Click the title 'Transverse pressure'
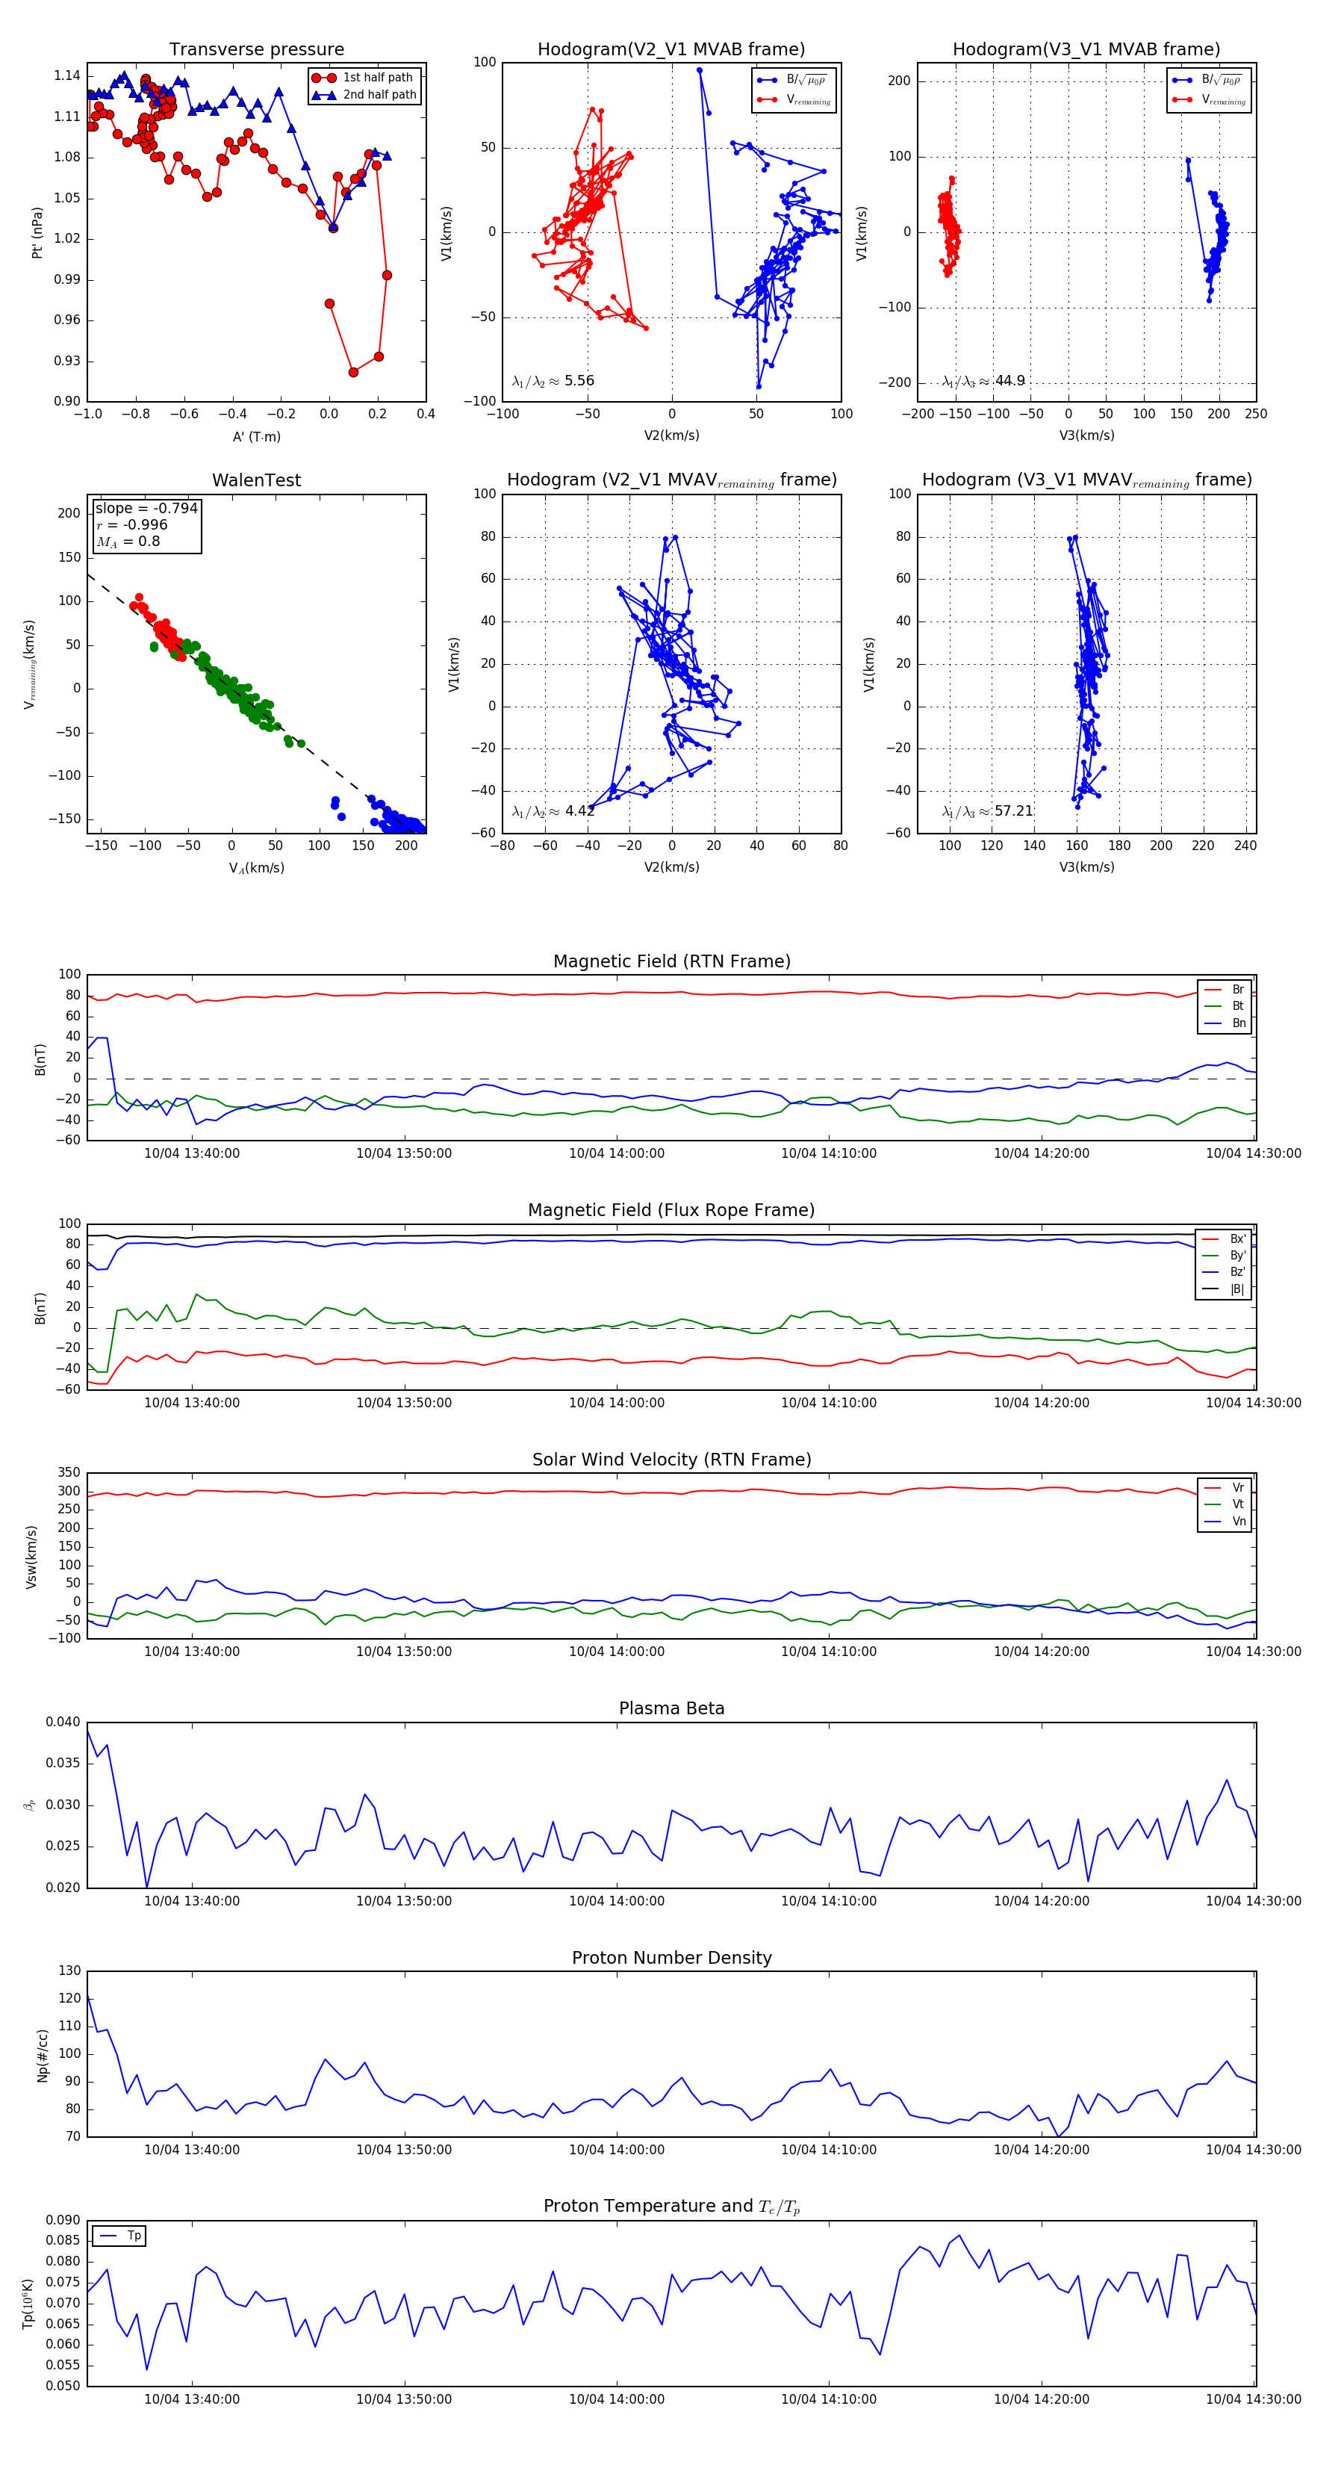tap(256, 50)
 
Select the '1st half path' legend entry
tap(377, 78)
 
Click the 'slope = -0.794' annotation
tap(146, 508)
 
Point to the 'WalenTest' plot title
tap(256, 480)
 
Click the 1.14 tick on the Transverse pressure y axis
tap(67, 75)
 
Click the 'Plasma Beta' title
tap(671, 1708)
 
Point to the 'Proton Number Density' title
tap(671, 1958)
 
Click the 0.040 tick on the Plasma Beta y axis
tap(63, 1722)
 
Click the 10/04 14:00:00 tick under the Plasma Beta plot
tap(616, 1901)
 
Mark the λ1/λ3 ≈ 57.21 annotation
tap(987, 811)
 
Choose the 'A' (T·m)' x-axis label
tap(256, 436)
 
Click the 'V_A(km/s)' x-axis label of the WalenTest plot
tap(256, 868)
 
